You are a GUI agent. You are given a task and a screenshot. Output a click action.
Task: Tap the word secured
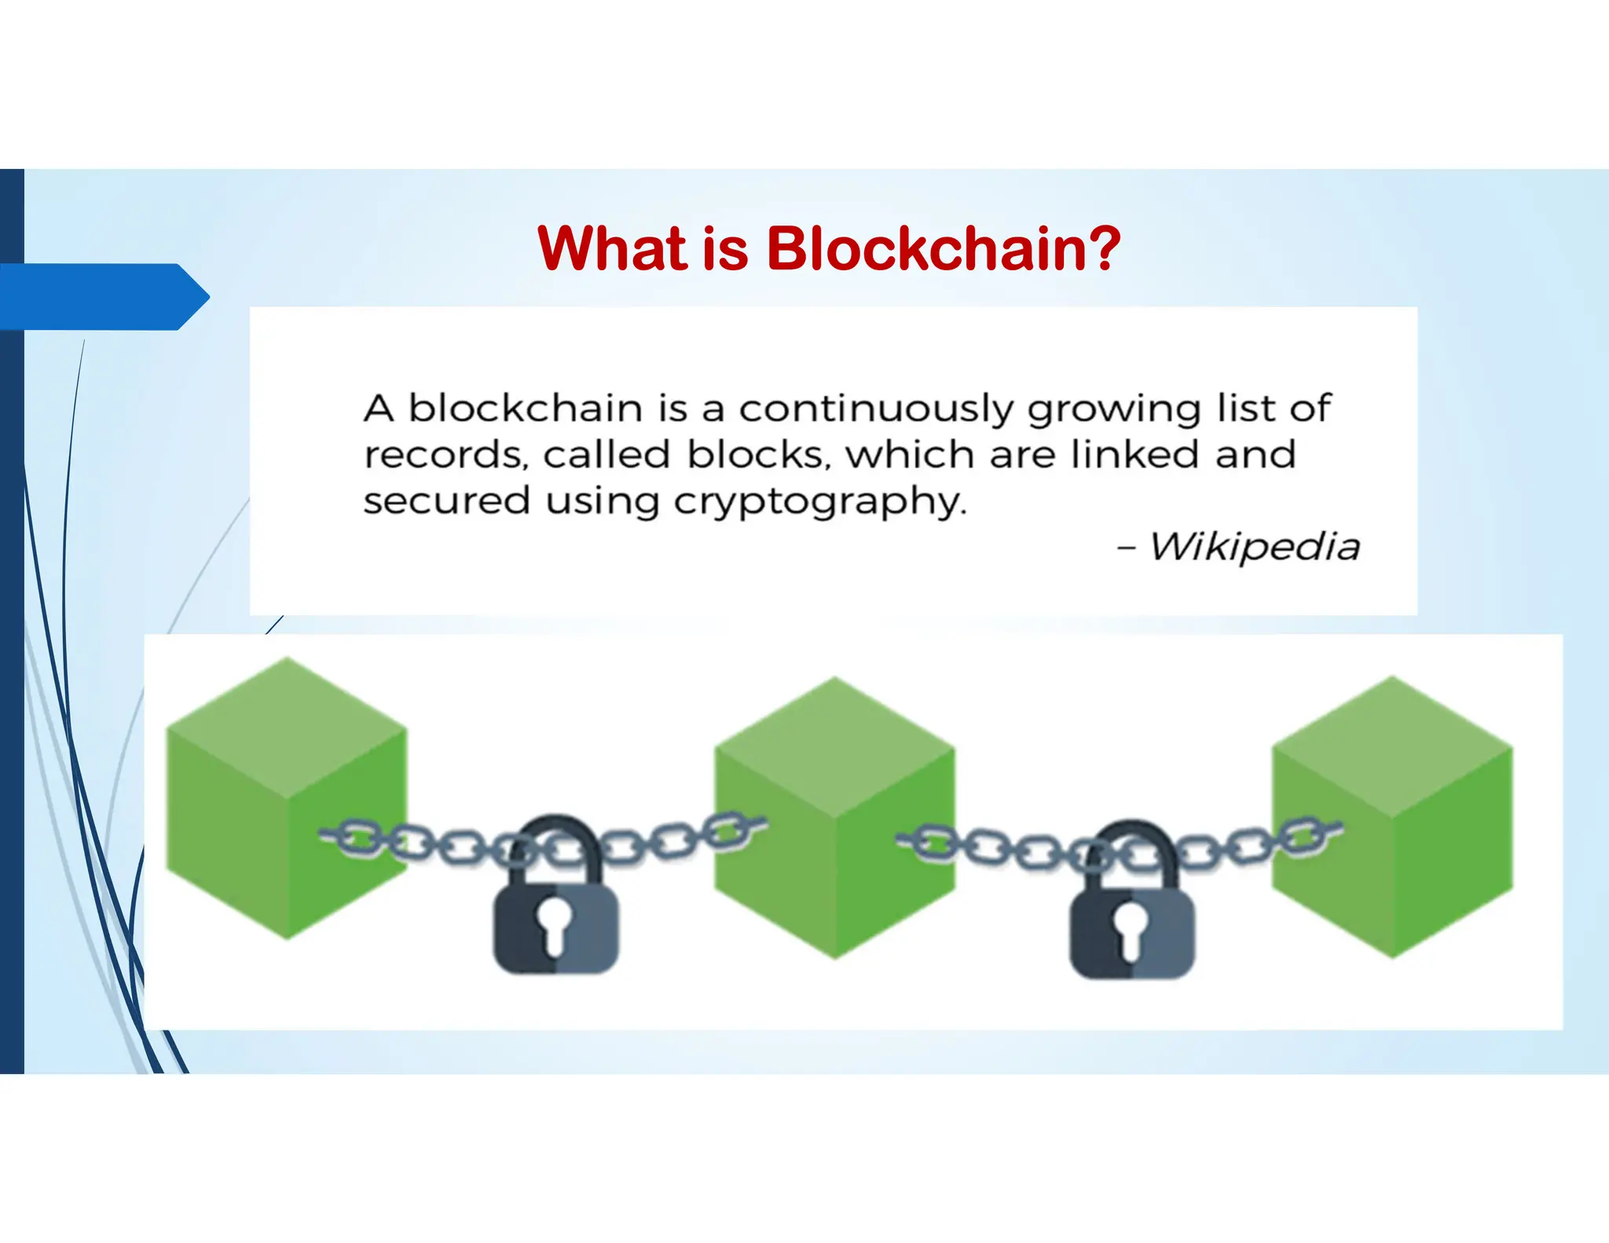(446, 501)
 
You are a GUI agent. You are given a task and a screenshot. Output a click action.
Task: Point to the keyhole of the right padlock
(1131, 927)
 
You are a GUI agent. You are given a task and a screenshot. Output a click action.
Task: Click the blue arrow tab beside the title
(102, 297)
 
